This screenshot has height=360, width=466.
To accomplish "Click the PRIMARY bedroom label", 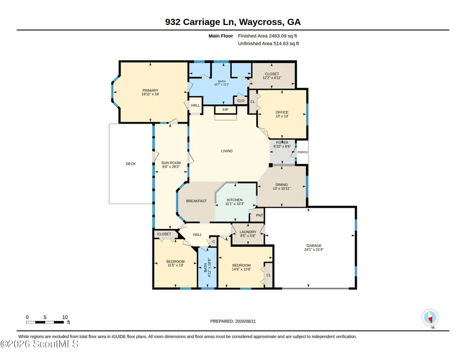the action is pos(150,90).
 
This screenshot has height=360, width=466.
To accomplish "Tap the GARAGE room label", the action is pos(314,245).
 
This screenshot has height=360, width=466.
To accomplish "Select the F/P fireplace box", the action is pos(225,110).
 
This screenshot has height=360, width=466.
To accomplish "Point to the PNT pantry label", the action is pos(260,215).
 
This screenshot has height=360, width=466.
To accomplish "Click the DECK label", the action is pos(131,164).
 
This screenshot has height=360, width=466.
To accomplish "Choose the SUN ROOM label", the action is pos(171,163).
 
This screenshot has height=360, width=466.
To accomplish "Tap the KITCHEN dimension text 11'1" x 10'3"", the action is pos(235,204).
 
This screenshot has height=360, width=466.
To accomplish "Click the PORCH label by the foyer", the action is pos(302,152).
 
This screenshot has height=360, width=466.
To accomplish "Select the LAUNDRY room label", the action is pos(248,232).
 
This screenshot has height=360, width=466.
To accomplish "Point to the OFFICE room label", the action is pos(282,112).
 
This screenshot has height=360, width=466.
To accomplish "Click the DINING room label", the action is pos(281,185).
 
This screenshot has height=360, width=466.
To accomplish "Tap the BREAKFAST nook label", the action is pos(196,201).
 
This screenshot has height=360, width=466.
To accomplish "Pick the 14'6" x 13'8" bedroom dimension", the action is pos(241,269).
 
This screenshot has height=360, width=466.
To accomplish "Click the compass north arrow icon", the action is pos(430,318).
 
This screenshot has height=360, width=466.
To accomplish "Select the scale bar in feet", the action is pos(45,322).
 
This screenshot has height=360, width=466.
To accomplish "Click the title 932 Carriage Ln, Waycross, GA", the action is pos(233,22).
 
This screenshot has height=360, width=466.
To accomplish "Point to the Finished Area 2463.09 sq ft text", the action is pos(267,36).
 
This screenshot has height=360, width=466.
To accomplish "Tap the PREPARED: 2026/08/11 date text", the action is pos(233,321).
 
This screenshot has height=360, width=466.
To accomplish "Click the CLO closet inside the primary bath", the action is pos(241,100).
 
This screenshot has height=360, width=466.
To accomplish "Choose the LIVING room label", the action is pos(227,151).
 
